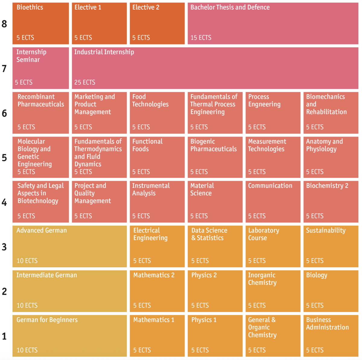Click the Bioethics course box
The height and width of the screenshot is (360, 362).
click(x=41, y=24)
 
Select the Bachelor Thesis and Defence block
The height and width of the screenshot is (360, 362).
click(x=273, y=24)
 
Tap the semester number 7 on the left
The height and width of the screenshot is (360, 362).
click(x=4, y=69)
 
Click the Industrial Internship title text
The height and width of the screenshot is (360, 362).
click(x=104, y=52)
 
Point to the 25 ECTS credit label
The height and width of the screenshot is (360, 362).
click(x=85, y=82)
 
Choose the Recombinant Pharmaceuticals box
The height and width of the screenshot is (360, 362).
click(x=41, y=113)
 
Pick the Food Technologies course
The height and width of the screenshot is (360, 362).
click(x=157, y=113)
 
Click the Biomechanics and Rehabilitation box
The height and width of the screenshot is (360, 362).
click(x=331, y=113)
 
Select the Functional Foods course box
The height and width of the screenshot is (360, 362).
click(x=157, y=157)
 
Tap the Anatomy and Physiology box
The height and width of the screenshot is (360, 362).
click(x=331, y=157)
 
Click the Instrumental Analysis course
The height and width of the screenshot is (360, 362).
click(x=157, y=202)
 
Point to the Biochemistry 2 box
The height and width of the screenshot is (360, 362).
click(x=331, y=202)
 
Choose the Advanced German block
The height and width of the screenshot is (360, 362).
click(x=69, y=246)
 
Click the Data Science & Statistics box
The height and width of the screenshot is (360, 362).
click(x=215, y=246)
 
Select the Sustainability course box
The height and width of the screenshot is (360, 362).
click(x=331, y=246)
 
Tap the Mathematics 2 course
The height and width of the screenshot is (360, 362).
click(x=157, y=291)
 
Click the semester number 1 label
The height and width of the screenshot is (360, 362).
click(x=4, y=336)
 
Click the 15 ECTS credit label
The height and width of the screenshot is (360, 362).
click(x=201, y=38)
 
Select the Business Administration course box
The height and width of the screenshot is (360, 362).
click(x=331, y=336)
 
